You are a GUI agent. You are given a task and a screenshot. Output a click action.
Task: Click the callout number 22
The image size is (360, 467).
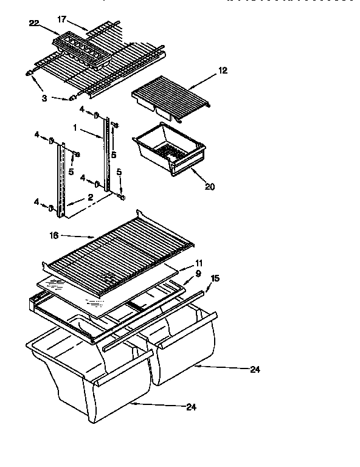coord(34,23)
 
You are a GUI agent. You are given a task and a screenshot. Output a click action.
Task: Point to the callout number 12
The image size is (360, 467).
coord(223,71)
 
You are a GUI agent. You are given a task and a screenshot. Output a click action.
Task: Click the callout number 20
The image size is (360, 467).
coord(210,187)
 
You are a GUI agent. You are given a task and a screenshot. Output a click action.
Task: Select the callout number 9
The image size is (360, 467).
coord(198,273)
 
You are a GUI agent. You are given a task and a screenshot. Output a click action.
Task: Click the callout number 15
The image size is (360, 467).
coord(214,278)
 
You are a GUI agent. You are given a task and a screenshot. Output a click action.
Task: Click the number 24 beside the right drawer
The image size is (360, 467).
coord(254,369)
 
